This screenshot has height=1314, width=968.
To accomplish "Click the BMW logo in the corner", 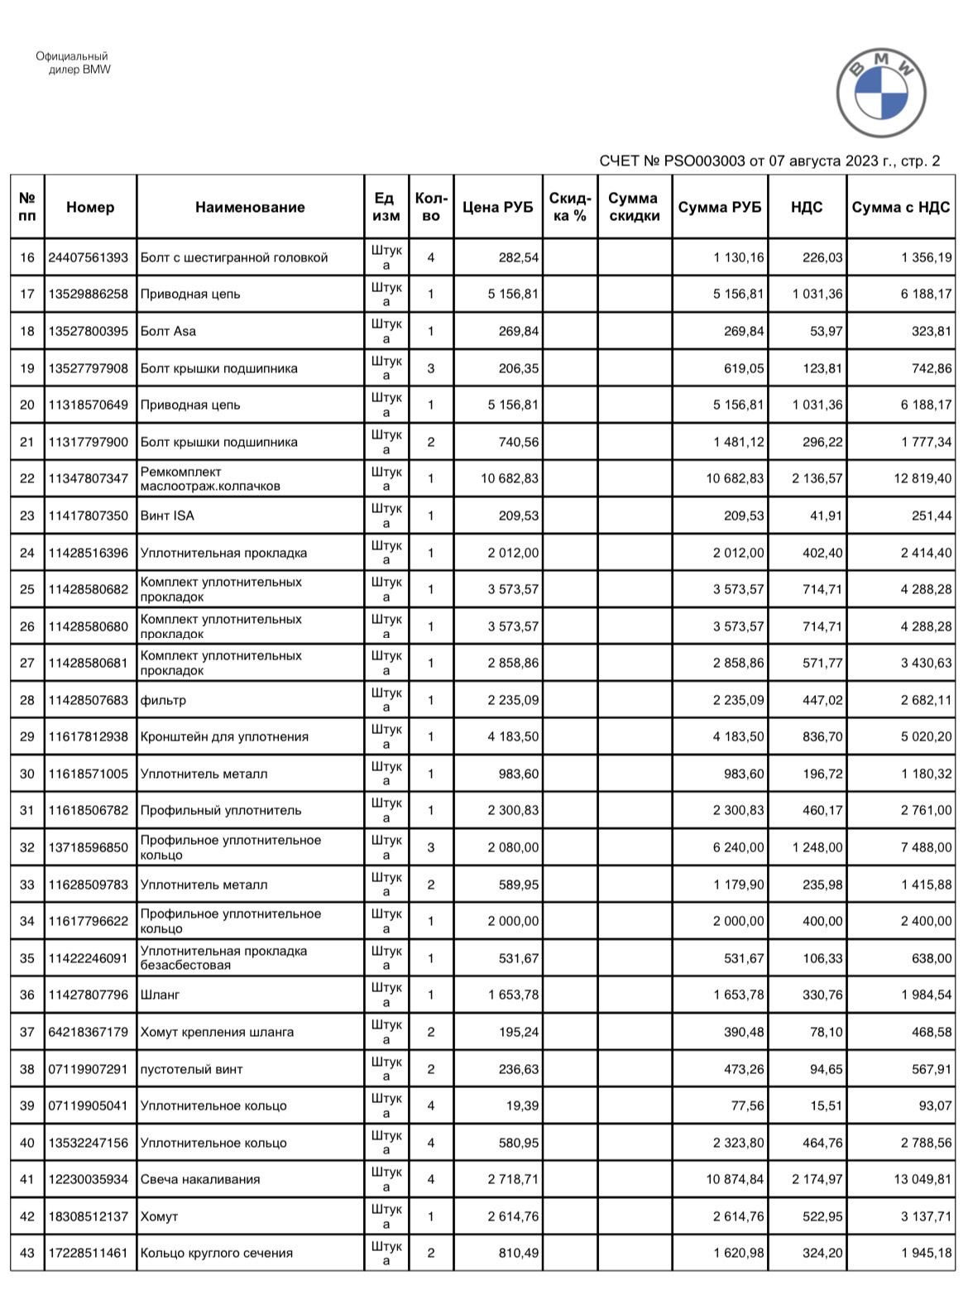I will (881, 93).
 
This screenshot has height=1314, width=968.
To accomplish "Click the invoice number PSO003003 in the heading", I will (705, 161).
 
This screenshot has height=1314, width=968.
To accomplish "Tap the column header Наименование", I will (250, 208).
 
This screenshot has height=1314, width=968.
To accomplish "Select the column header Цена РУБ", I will (497, 208).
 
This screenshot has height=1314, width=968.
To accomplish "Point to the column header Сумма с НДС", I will (901, 208).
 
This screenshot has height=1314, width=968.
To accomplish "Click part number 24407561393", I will (89, 258).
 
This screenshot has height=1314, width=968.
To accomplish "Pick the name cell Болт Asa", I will (169, 332).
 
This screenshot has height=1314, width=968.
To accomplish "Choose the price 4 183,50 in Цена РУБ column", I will (513, 737).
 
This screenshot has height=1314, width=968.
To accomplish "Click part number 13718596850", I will (89, 848).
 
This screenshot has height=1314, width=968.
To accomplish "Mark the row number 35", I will (27, 959).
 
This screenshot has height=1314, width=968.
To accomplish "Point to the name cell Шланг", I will (161, 995).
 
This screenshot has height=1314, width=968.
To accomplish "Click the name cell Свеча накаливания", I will (200, 1180).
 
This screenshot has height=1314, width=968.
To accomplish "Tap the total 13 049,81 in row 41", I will (922, 1180).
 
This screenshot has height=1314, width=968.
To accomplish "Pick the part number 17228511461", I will (89, 1254).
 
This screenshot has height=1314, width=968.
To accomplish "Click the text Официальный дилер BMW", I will (73, 64).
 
